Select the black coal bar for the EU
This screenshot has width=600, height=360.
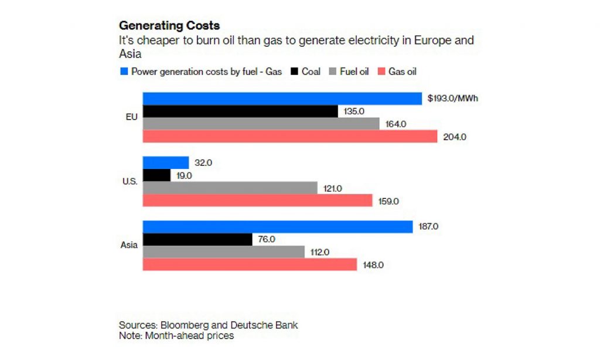coord(240,111)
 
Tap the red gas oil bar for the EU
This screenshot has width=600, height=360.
coord(290,136)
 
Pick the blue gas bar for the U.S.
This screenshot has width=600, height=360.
coord(166,162)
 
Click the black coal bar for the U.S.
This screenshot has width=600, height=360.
coord(156,175)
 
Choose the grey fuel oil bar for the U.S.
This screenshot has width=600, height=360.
coord(230,188)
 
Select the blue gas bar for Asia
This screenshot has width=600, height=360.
coord(278,226)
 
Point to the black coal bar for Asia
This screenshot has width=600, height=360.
coord(197,239)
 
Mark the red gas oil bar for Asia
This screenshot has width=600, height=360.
coord(250,264)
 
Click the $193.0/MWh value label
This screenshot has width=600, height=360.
coord(453,99)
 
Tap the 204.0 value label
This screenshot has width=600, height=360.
coord(455,137)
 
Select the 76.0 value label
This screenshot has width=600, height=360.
coord(267,239)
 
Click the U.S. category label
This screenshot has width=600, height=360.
coord(129,181)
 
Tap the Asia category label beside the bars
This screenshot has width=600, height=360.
coord(128,245)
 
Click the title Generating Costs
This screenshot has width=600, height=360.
coord(169,26)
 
